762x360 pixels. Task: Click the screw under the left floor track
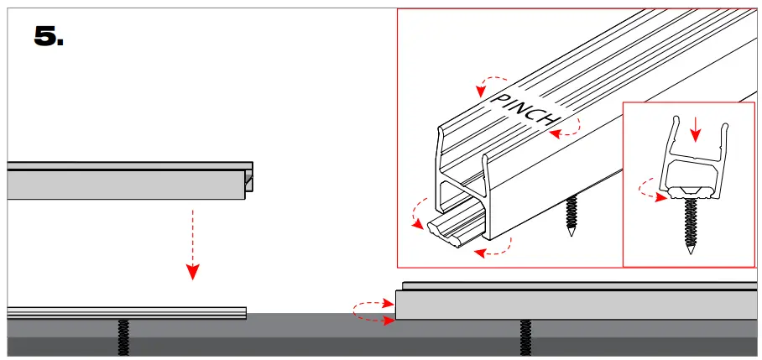click(124, 336)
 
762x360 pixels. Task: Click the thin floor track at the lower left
click(126, 312)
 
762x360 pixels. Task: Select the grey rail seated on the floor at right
click(579, 305)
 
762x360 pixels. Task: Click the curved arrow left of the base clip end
click(417, 213)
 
